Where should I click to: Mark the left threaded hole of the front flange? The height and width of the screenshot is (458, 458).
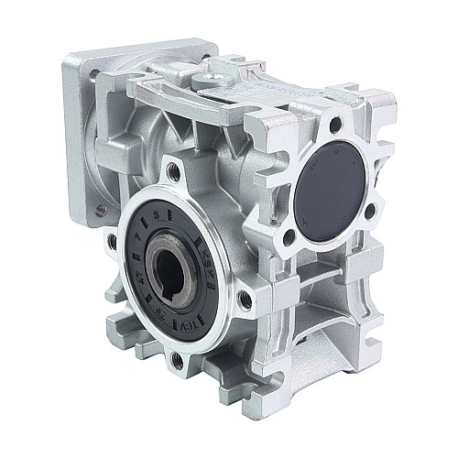pos(111,241)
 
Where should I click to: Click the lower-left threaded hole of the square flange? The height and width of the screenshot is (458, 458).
pos(100,210)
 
